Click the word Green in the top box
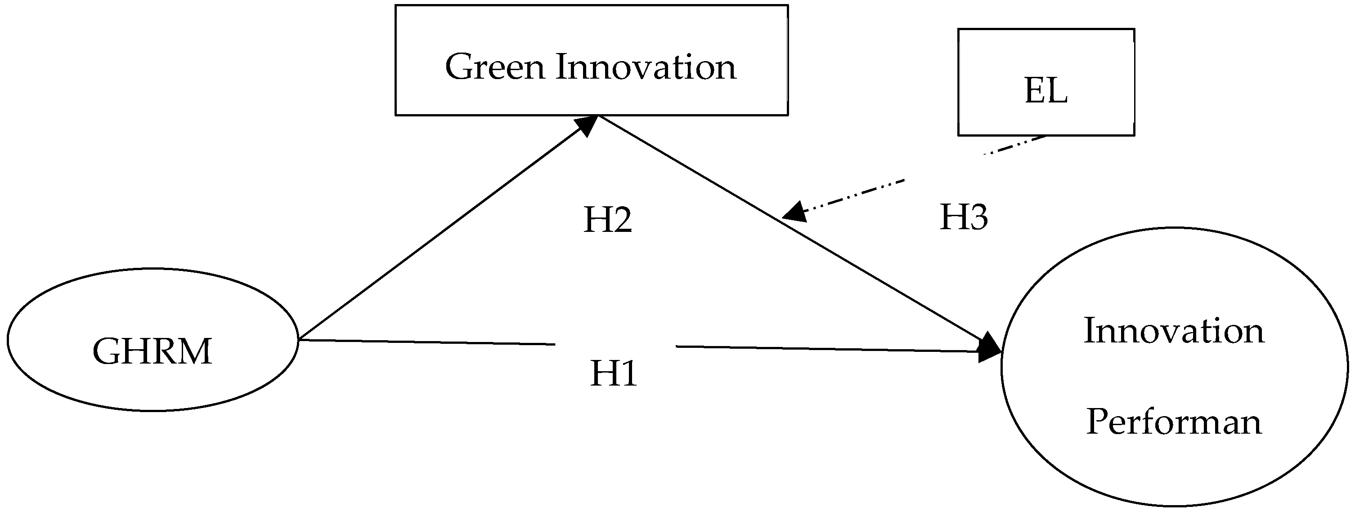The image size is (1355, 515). [x=494, y=67]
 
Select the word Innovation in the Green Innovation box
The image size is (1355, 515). [x=646, y=67]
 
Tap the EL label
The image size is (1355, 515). [x=1045, y=90]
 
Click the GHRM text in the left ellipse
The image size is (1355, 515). [x=152, y=351]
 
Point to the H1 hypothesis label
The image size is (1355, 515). [x=613, y=373]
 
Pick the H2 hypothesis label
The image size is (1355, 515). [x=607, y=220]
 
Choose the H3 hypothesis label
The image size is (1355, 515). [x=964, y=217]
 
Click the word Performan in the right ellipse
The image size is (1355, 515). [x=1174, y=422]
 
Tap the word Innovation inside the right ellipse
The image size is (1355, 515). [x=1174, y=331]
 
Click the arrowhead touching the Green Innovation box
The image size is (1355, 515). [x=587, y=125]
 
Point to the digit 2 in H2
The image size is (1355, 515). [x=621, y=220]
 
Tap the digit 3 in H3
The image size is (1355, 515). [x=977, y=217]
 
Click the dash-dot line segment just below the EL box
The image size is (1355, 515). [x=1015, y=146]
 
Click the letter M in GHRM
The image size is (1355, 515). [x=194, y=351]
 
